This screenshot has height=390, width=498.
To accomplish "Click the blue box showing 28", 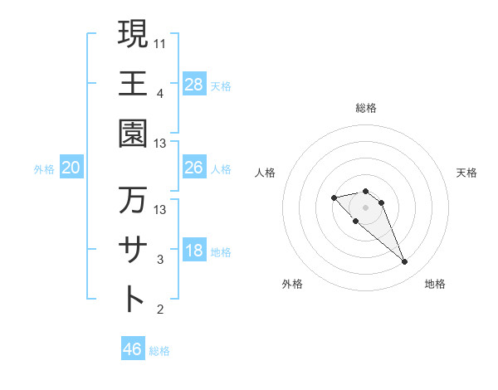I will (x=193, y=84).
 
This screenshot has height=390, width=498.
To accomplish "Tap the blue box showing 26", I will (x=193, y=168).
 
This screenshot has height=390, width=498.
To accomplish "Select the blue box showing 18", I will (x=193, y=251).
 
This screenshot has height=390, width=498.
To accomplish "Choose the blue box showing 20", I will (x=71, y=168).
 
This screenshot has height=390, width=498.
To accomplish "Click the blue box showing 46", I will (x=133, y=349).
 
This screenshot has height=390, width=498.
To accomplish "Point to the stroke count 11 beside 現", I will (x=160, y=41).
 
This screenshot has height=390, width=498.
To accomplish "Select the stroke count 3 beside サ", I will (x=160, y=260).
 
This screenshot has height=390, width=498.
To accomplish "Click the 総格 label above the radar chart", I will (x=366, y=108).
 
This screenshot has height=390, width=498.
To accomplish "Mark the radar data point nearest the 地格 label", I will (x=404, y=262).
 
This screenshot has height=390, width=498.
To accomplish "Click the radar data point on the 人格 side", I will (x=334, y=197).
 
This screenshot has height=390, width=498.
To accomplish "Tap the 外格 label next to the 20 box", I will (x=44, y=169).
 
